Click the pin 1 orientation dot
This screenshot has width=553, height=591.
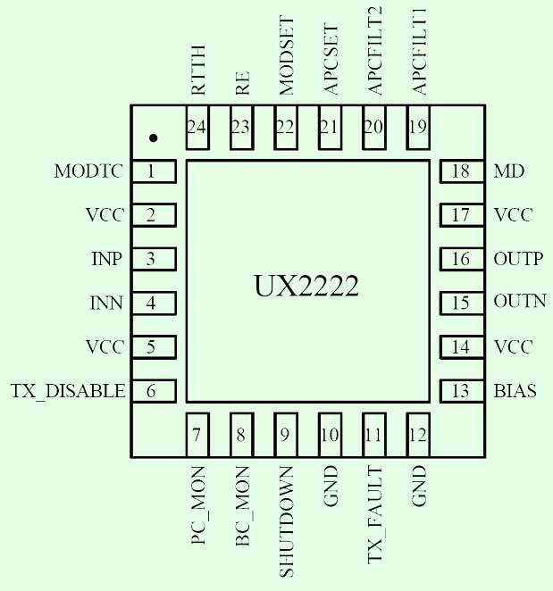tap(154, 138)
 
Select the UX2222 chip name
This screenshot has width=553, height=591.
tap(306, 287)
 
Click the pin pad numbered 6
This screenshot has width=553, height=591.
tap(153, 390)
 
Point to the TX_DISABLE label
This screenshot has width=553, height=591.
tap(67, 391)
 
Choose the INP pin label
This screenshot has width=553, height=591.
tap(106, 259)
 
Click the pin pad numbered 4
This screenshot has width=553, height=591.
tap(153, 303)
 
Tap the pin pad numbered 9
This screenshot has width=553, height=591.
tap(285, 435)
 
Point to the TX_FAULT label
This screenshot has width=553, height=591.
tap(374, 515)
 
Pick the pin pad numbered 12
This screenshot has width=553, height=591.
tap(417, 435)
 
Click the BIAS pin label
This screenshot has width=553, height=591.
tap(515, 391)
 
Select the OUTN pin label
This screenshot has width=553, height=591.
tap(519, 302)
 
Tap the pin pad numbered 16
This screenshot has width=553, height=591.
tap(462, 259)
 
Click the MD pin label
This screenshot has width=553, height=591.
tap(508, 171)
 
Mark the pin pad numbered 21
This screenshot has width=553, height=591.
tap(330, 127)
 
